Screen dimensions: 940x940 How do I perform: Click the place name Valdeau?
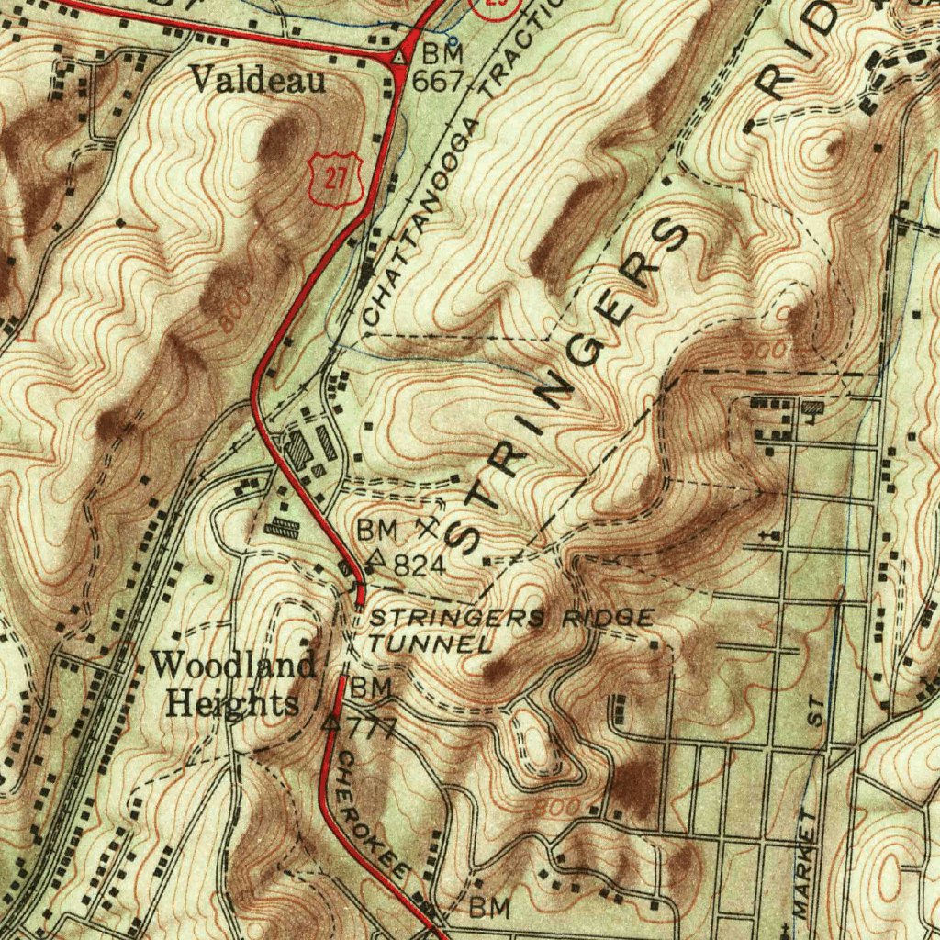pyautogui.click(x=257, y=82)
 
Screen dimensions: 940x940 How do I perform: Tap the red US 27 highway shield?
pyautogui.click(x=336, y=179)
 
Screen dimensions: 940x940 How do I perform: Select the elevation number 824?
pyautogui.click(x=420, y=566)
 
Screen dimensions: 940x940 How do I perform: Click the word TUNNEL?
pyautogui.click(x=430, y=643)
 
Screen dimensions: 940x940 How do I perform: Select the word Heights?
pyautogui.click(x=233, y=703)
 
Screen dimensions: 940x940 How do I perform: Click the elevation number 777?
pyautogui.click(x=372, y=729)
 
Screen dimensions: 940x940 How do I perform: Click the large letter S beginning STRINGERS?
pyautogui.click(x=469, y=534)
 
